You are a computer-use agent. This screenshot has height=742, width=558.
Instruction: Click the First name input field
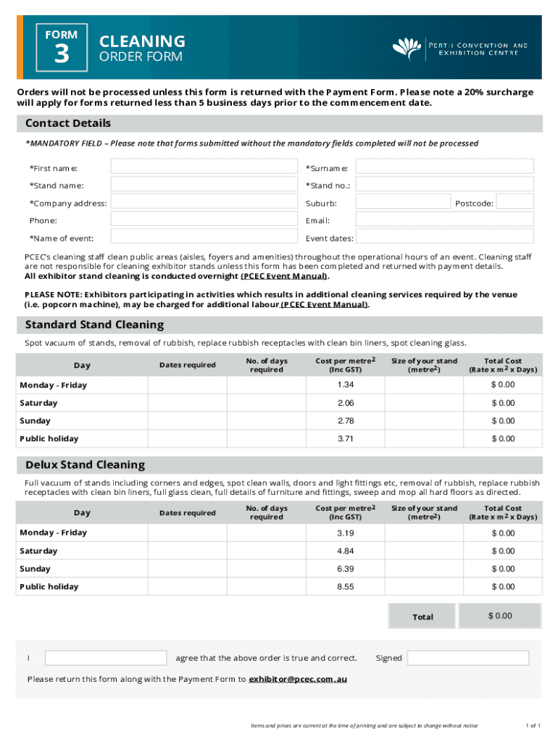coord(204,167)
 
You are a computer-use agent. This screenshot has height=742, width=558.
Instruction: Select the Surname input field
coord(445,167)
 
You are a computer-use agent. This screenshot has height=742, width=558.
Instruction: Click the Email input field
coord(445,220)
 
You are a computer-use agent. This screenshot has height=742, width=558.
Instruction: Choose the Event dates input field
coord(445,237)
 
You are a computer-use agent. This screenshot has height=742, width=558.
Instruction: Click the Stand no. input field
coord(445,185)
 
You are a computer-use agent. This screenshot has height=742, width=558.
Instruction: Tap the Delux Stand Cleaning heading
coord(85,464)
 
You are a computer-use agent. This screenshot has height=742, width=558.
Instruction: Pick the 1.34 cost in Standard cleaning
coord(345,385)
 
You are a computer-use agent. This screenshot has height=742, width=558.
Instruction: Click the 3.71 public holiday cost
coord(345,438)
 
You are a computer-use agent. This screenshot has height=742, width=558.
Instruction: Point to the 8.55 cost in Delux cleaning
coord(345,586)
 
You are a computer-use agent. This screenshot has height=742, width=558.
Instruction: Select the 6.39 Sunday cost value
coord(345,569)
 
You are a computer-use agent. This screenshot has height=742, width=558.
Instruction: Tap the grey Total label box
coord(422,617)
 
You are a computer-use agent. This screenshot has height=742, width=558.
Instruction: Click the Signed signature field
coord(468,658)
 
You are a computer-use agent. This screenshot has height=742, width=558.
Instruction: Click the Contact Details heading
coord(68,123)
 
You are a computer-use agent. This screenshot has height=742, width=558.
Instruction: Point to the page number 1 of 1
coord(533,725)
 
